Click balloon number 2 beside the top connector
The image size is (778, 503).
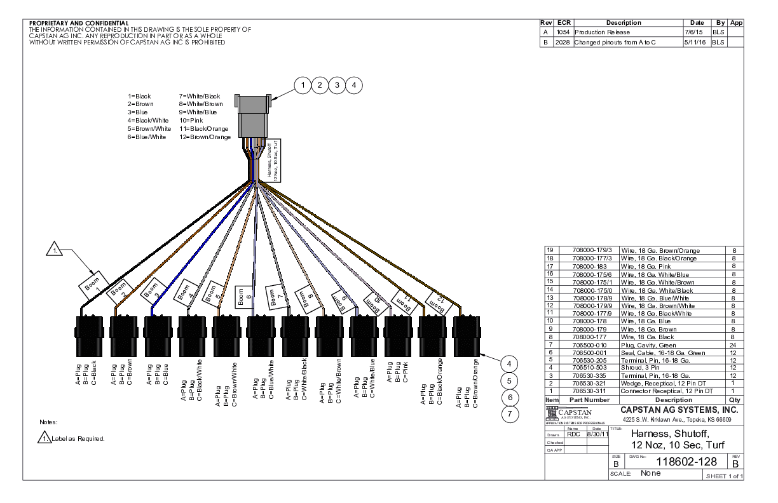pyautogui.click(x=321, y=84)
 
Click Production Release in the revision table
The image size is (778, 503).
pyautogui.click(x=602, y=31)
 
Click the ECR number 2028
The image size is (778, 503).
pyautogui.click(x=563, y=43)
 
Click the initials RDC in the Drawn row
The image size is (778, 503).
pyautogui.click(x=575, y=435)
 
